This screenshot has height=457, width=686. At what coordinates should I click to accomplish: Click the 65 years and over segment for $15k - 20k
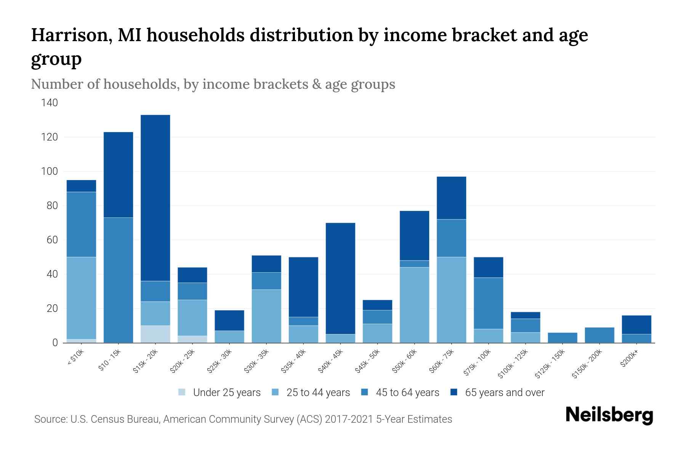coord(155,198)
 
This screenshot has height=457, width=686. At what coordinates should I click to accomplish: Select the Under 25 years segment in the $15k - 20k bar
coord(155,334)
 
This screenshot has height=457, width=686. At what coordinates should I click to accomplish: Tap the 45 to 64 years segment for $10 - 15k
coord(118,280)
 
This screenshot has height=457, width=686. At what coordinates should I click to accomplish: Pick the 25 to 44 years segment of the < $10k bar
coord(81,298)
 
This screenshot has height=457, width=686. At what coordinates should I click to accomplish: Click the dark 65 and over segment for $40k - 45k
coord(340,278)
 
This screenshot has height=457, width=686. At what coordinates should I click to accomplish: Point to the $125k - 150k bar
coord(563,338)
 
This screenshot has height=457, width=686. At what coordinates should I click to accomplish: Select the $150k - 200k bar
coord(599,335)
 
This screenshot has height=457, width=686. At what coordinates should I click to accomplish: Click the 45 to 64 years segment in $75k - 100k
coord(488,303)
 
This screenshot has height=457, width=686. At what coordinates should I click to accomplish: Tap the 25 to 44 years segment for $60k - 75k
coord(451,300)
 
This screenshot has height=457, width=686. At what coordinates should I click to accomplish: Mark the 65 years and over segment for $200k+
coord(636,324)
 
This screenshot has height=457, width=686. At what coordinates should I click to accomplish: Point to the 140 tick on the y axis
coord(50,103)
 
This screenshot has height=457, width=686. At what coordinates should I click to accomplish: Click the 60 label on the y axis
coord(52,240)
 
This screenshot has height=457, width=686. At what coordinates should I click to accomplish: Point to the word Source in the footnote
coord(50,419)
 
